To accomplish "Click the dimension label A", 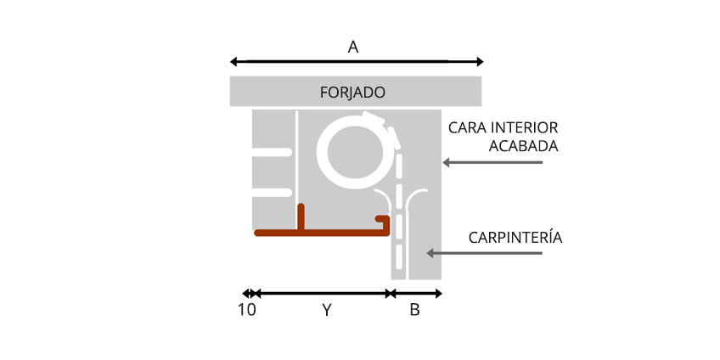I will [x=353, y=48].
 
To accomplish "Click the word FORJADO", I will [x=352, y=92].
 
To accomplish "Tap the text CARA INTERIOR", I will [x=503, y=127].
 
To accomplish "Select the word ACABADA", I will [x=524, y=146].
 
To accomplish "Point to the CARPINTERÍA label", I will [x=515, y=237].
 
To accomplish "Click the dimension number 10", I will [x=246, y=311].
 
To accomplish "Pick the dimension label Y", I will [x=327, y=311].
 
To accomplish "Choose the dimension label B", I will [x=414, y=311].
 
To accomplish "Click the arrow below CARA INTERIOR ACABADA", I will [x=492, y=161].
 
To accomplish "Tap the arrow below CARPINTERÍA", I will [x=484, y=253].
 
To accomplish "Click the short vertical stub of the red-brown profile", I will [x=301, y=215].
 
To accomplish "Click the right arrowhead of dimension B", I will [x=438, y=294].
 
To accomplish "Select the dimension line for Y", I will [x=323, y=294].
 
